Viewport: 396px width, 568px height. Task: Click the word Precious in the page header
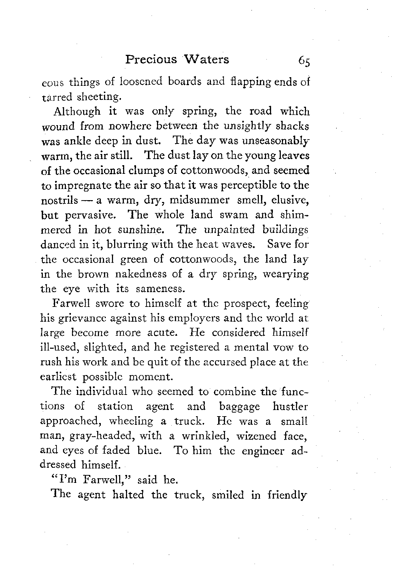click(x=151, y=59)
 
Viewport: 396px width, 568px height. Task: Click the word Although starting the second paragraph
click(x=77, y=111)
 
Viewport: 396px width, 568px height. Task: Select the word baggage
click(x=239, y=406)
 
